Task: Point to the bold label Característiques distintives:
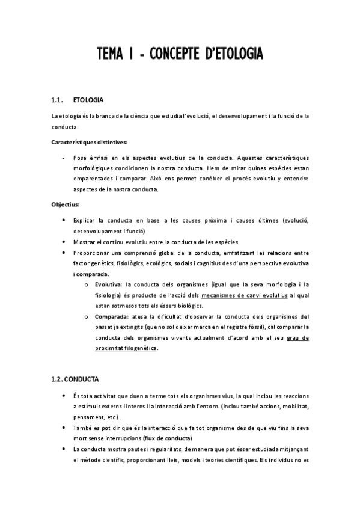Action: click(89, 142)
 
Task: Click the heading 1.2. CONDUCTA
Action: click(75, 379)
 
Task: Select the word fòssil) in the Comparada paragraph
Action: click(272, 327)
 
